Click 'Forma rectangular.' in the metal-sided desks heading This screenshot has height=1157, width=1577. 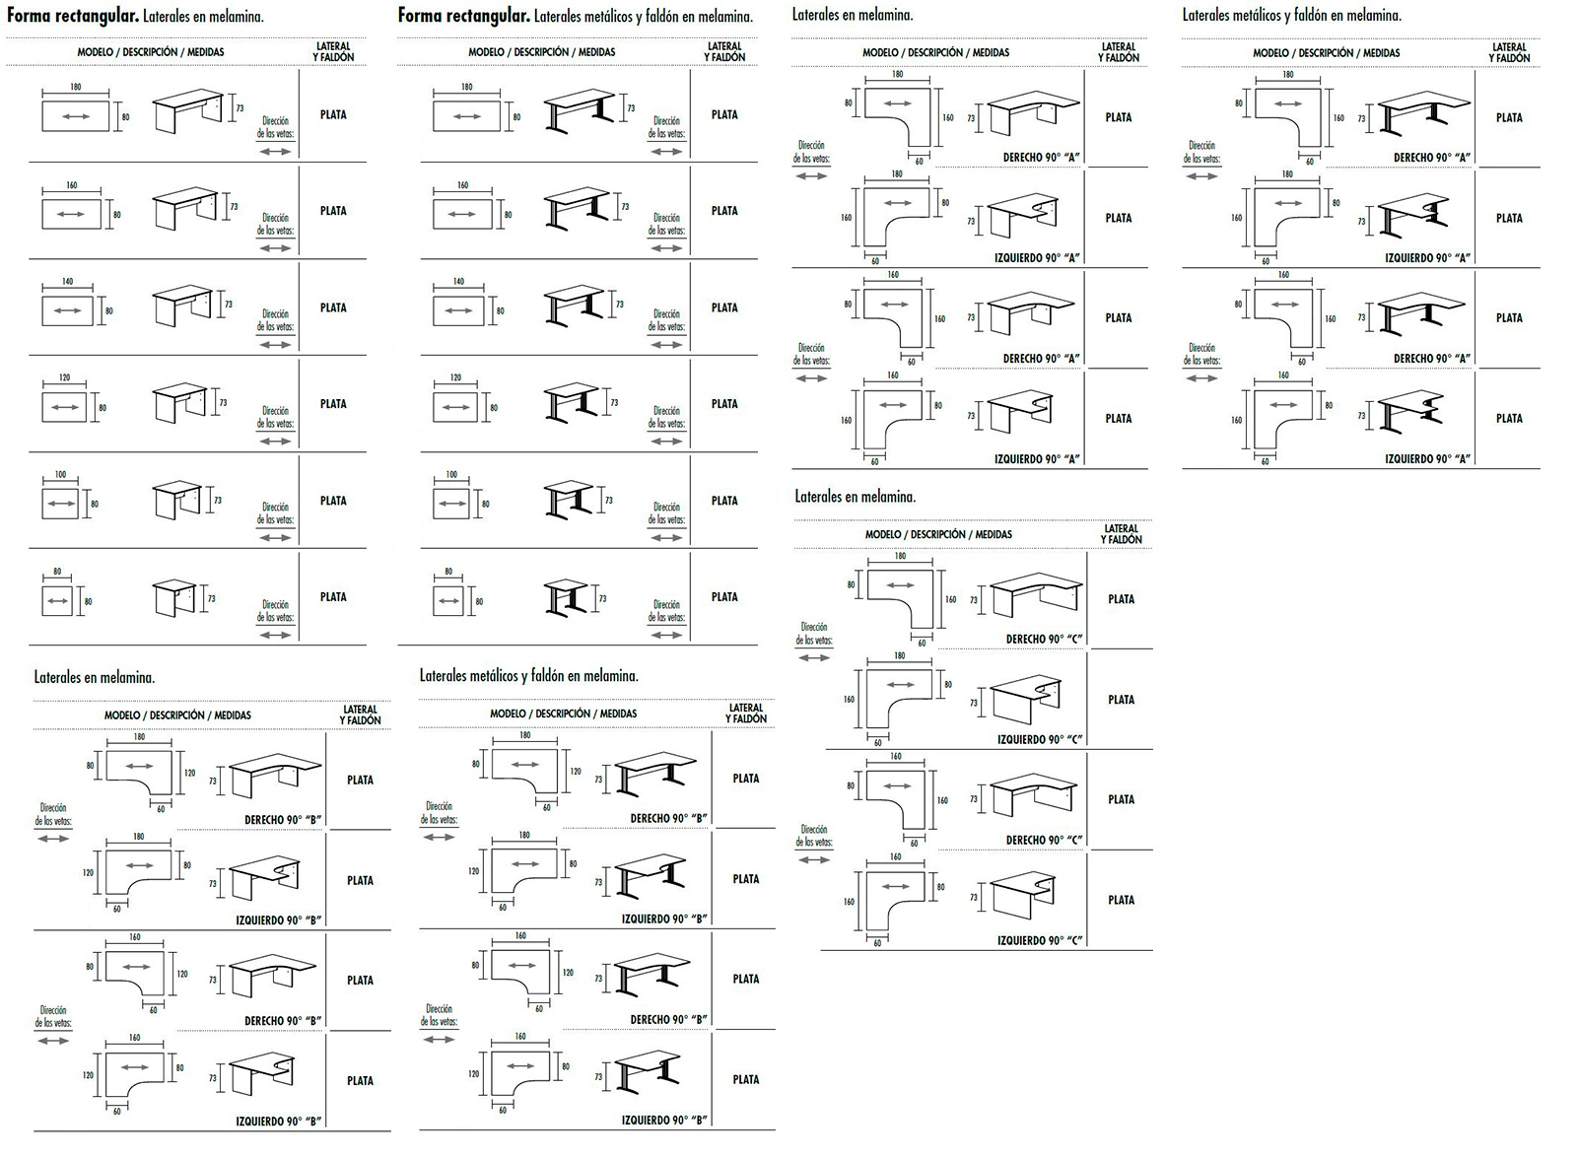[x=464, y=16]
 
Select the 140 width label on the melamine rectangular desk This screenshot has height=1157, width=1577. [x=68, y=282]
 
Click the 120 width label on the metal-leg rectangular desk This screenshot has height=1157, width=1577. [x=455, y=377]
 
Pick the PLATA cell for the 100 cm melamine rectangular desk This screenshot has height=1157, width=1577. [x=333, y=501]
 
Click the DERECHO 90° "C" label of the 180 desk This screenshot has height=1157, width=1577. [x=1044, y=639]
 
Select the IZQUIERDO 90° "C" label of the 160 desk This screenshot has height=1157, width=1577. [x=1040, y=940]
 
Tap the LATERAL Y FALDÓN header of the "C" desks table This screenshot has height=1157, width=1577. [x=1121, y=534]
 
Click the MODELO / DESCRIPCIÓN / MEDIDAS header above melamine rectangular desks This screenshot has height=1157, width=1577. [x=151, y=52]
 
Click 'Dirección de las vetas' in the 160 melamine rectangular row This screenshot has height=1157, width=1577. [x=276, y=225]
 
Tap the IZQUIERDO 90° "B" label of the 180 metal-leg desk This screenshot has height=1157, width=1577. [x=664, y=919]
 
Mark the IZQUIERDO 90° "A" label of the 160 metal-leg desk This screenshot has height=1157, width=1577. [x=1427, y=458]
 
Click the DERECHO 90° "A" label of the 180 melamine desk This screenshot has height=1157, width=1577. [x=1042, y=157]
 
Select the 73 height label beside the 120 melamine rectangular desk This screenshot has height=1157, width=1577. [x=223, y=403]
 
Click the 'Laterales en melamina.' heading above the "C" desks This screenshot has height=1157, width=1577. [x=856, y=497]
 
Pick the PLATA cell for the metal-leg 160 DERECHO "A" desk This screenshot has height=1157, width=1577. [x=1509, y=318]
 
